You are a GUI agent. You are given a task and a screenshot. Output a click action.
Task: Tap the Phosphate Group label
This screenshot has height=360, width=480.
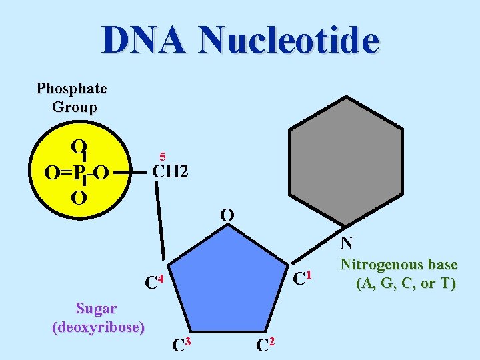click(72, 97)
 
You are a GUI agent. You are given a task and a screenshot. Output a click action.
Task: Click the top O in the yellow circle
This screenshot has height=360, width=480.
click(79, 147)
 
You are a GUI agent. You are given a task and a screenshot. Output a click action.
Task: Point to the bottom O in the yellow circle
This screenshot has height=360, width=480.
click(79, 198)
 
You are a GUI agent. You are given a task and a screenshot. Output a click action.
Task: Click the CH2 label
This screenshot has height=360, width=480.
click(171, 172)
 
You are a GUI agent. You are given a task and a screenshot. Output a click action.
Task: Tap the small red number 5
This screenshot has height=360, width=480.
click(161, 155)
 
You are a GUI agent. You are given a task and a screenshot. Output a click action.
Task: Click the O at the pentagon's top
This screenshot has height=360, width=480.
click(227, 215)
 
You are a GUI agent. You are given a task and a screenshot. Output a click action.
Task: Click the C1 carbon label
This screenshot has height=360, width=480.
click(303, 275)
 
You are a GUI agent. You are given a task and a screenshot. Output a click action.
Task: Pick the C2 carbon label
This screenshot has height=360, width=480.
click(263, 344)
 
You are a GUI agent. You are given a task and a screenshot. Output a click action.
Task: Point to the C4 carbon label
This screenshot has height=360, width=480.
click(154, 281)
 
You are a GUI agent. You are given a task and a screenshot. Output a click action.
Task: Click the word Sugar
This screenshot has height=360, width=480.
click(97, 309)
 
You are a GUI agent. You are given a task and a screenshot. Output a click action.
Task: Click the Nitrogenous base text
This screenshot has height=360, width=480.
click(399, 265)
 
